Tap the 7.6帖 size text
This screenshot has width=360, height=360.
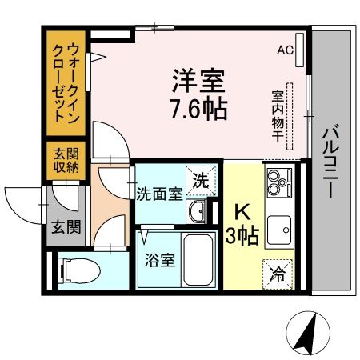[x=197, y=108]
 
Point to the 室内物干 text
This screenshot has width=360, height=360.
[x=278, y=115]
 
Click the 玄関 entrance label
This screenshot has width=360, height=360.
[x=67, y=226]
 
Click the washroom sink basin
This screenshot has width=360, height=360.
[x=198, y=211]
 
